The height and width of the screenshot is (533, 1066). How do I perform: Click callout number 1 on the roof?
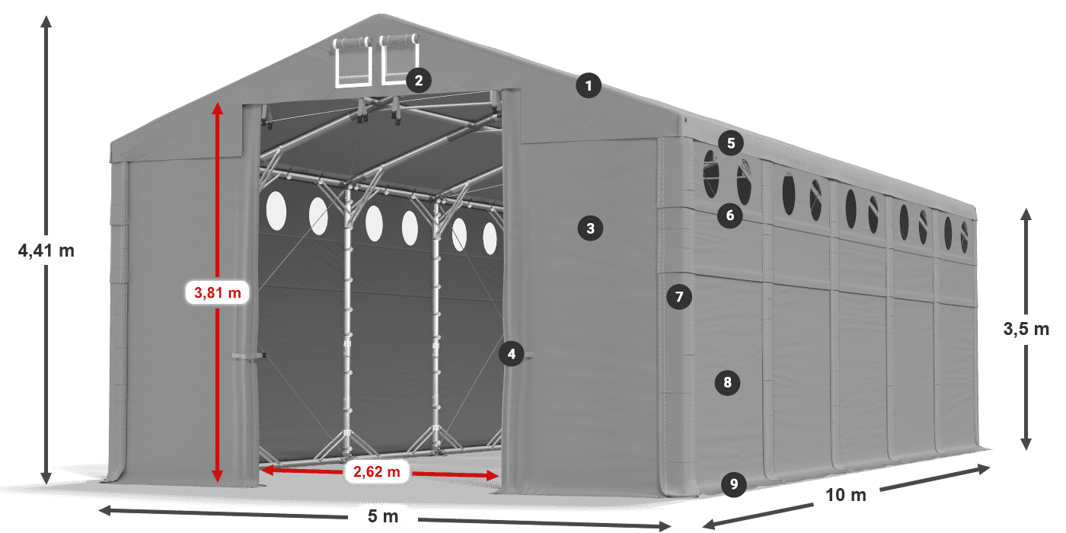589,86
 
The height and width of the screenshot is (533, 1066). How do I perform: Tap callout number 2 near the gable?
419,79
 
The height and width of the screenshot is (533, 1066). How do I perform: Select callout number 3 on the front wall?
590,227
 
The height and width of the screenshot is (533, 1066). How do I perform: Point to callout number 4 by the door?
512,353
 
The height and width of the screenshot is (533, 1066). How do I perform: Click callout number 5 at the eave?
730,142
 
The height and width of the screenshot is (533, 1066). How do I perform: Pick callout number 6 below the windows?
729,215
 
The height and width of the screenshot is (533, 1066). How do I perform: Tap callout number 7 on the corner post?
679,296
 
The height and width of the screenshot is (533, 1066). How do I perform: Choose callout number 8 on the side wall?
727,382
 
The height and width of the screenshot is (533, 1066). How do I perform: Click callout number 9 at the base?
733,484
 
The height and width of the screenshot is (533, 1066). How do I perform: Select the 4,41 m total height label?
46,251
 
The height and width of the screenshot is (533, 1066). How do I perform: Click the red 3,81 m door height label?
218,292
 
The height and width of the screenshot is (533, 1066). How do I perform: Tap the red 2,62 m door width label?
377,472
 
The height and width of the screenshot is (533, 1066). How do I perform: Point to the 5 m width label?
382,517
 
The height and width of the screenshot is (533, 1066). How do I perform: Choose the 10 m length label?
846,495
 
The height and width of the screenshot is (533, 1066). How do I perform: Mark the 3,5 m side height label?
1026,329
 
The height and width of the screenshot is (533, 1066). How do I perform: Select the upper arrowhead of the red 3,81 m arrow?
218,107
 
